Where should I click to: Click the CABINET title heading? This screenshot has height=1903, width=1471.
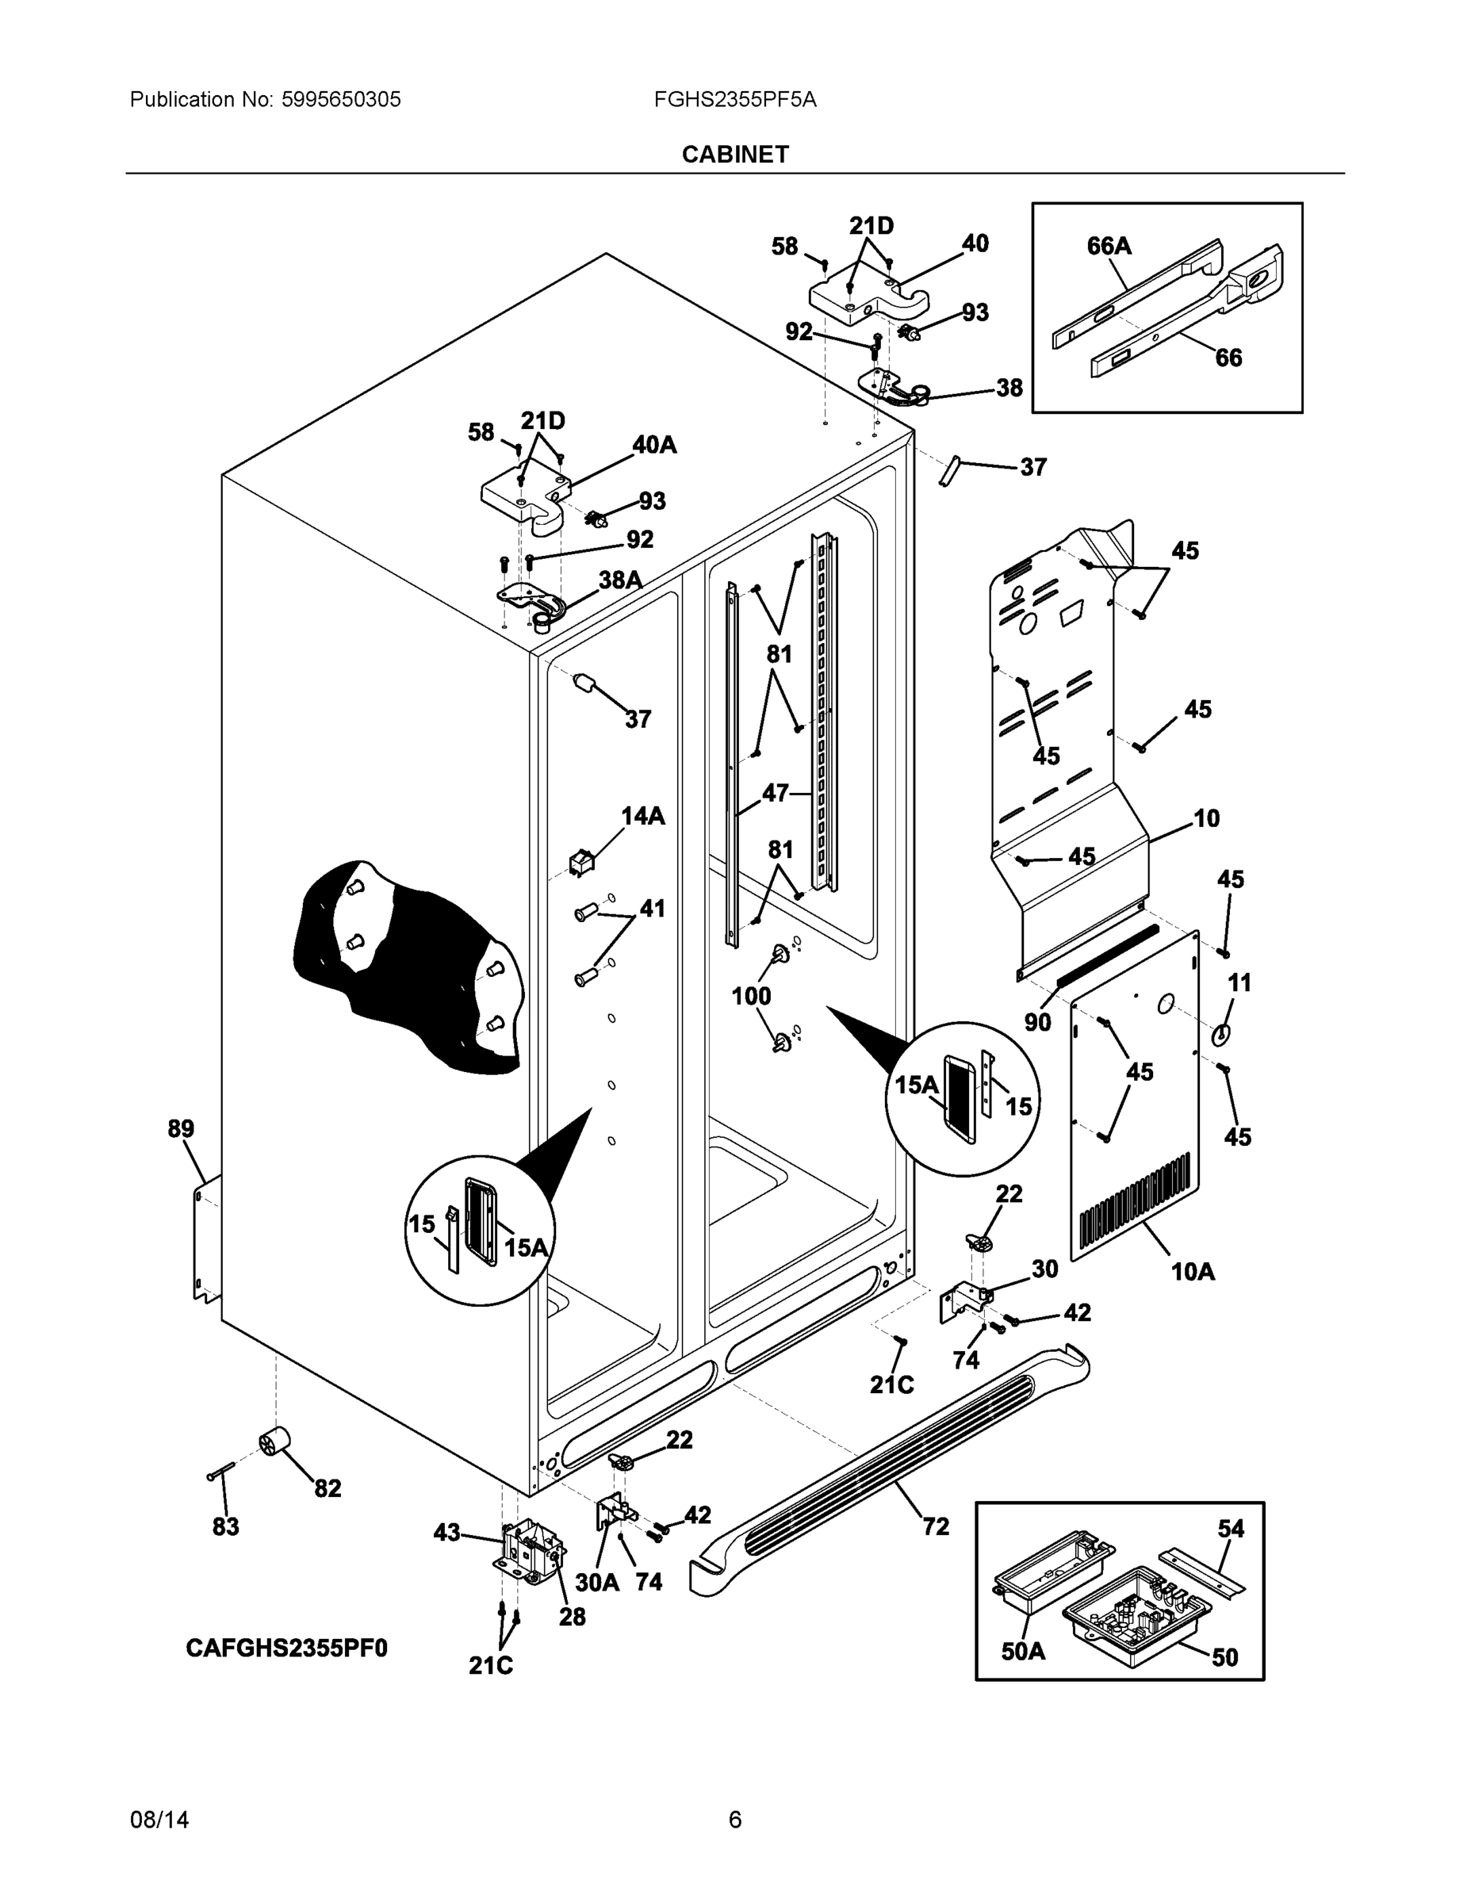pyautogui.click(x=734, y=155)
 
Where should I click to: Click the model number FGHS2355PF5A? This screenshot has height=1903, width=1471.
pyautogui.click(x=734, y=99)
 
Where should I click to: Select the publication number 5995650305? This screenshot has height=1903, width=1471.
pyautogui.click(x=341, y=99)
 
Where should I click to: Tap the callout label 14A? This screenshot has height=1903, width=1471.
pyautogui.click(x=642, y=816)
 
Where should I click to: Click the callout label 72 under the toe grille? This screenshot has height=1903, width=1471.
pyautogui.click(x=935, y=1526)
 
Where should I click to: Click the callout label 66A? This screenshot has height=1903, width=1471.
pyautogui.click(x=1109, y=247)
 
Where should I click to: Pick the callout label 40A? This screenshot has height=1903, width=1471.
pyautogui.click(x=653, y=446)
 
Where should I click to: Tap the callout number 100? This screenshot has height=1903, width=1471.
pyautogui.click(x=750, y=995)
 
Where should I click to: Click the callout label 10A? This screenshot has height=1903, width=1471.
pyautogui.click(x=1193, y=1272)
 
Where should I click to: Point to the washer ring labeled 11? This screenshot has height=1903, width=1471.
pyautogui.click(x=1222, y=1033)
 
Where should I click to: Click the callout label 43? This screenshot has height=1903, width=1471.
pyautogui.click(x=446, y=1533)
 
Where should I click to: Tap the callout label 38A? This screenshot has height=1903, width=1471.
pyautogui.click(x=619, y=580)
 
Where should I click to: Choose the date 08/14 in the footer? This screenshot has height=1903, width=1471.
pyautogui.click(x=159, y=1820)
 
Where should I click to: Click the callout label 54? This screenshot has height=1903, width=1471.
pyautogui.click(x=1231, y=1528)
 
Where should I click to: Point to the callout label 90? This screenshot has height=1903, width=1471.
pyautogui.click(x=1037, y=1022)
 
